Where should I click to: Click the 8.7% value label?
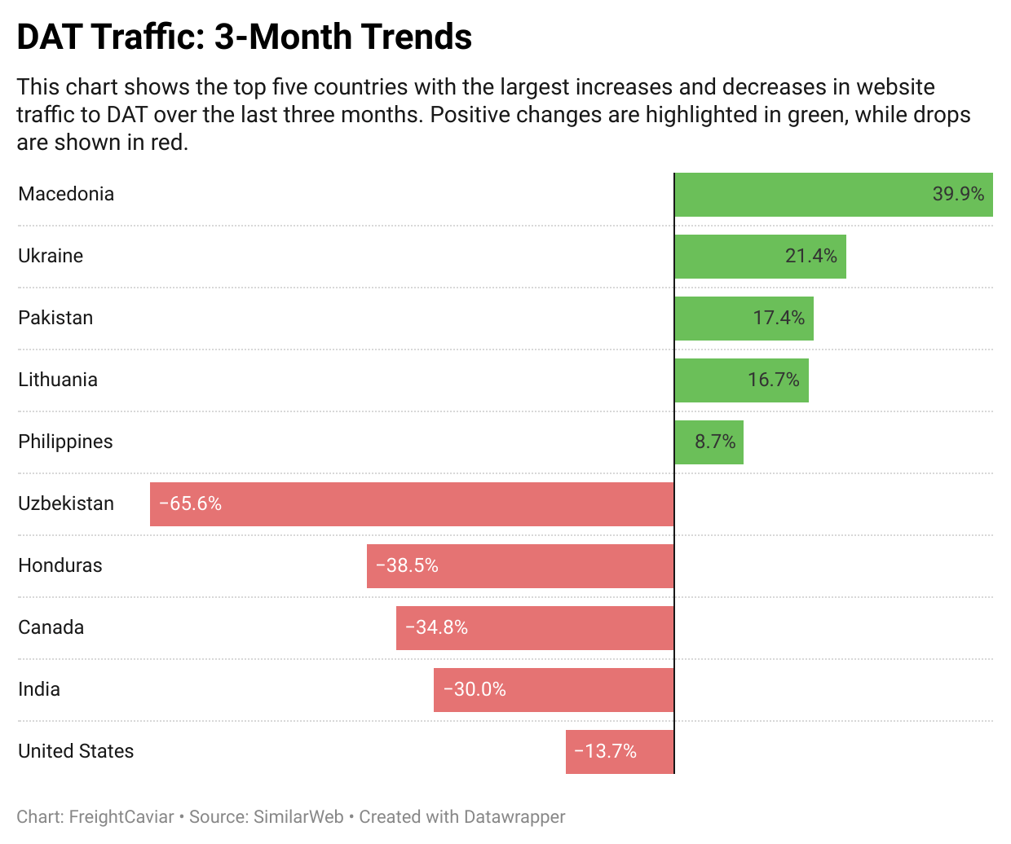(715, 442)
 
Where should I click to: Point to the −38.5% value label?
(407, 566)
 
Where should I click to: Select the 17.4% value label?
(779, 319)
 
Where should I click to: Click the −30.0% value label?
(475, 690)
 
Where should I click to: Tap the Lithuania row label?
(58, 380)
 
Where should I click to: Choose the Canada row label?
(51, 627)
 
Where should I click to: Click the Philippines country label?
(65, 442)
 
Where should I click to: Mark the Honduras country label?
(60, 565)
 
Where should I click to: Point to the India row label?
(39, 689)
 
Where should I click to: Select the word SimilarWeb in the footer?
(298, 817)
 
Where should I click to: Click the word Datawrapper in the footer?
(514, 817)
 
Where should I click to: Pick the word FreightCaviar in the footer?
(121, 817)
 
